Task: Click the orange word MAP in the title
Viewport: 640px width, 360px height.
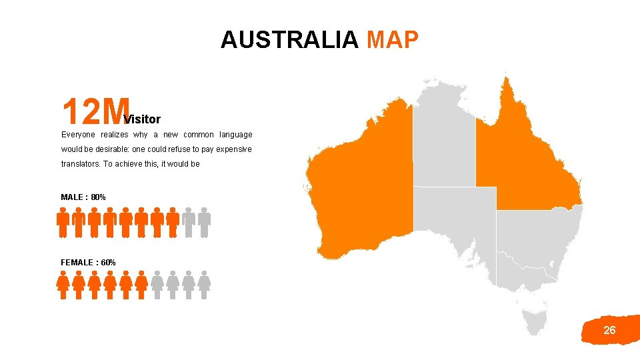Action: coord(393,40)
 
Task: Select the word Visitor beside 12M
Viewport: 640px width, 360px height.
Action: coord(143,119)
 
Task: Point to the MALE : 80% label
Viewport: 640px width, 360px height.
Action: coord(83,197)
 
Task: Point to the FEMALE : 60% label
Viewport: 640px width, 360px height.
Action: coord(88,263)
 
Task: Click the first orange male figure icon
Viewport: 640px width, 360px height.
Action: coord(63,222)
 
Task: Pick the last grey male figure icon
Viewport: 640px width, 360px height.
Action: coord(205,222)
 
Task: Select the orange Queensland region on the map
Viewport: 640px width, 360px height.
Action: coord(527,153)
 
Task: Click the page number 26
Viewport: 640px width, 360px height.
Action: coord(609,330)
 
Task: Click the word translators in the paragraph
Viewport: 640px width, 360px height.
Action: coord(79,164)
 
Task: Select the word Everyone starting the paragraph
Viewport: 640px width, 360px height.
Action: coord(79,135)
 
